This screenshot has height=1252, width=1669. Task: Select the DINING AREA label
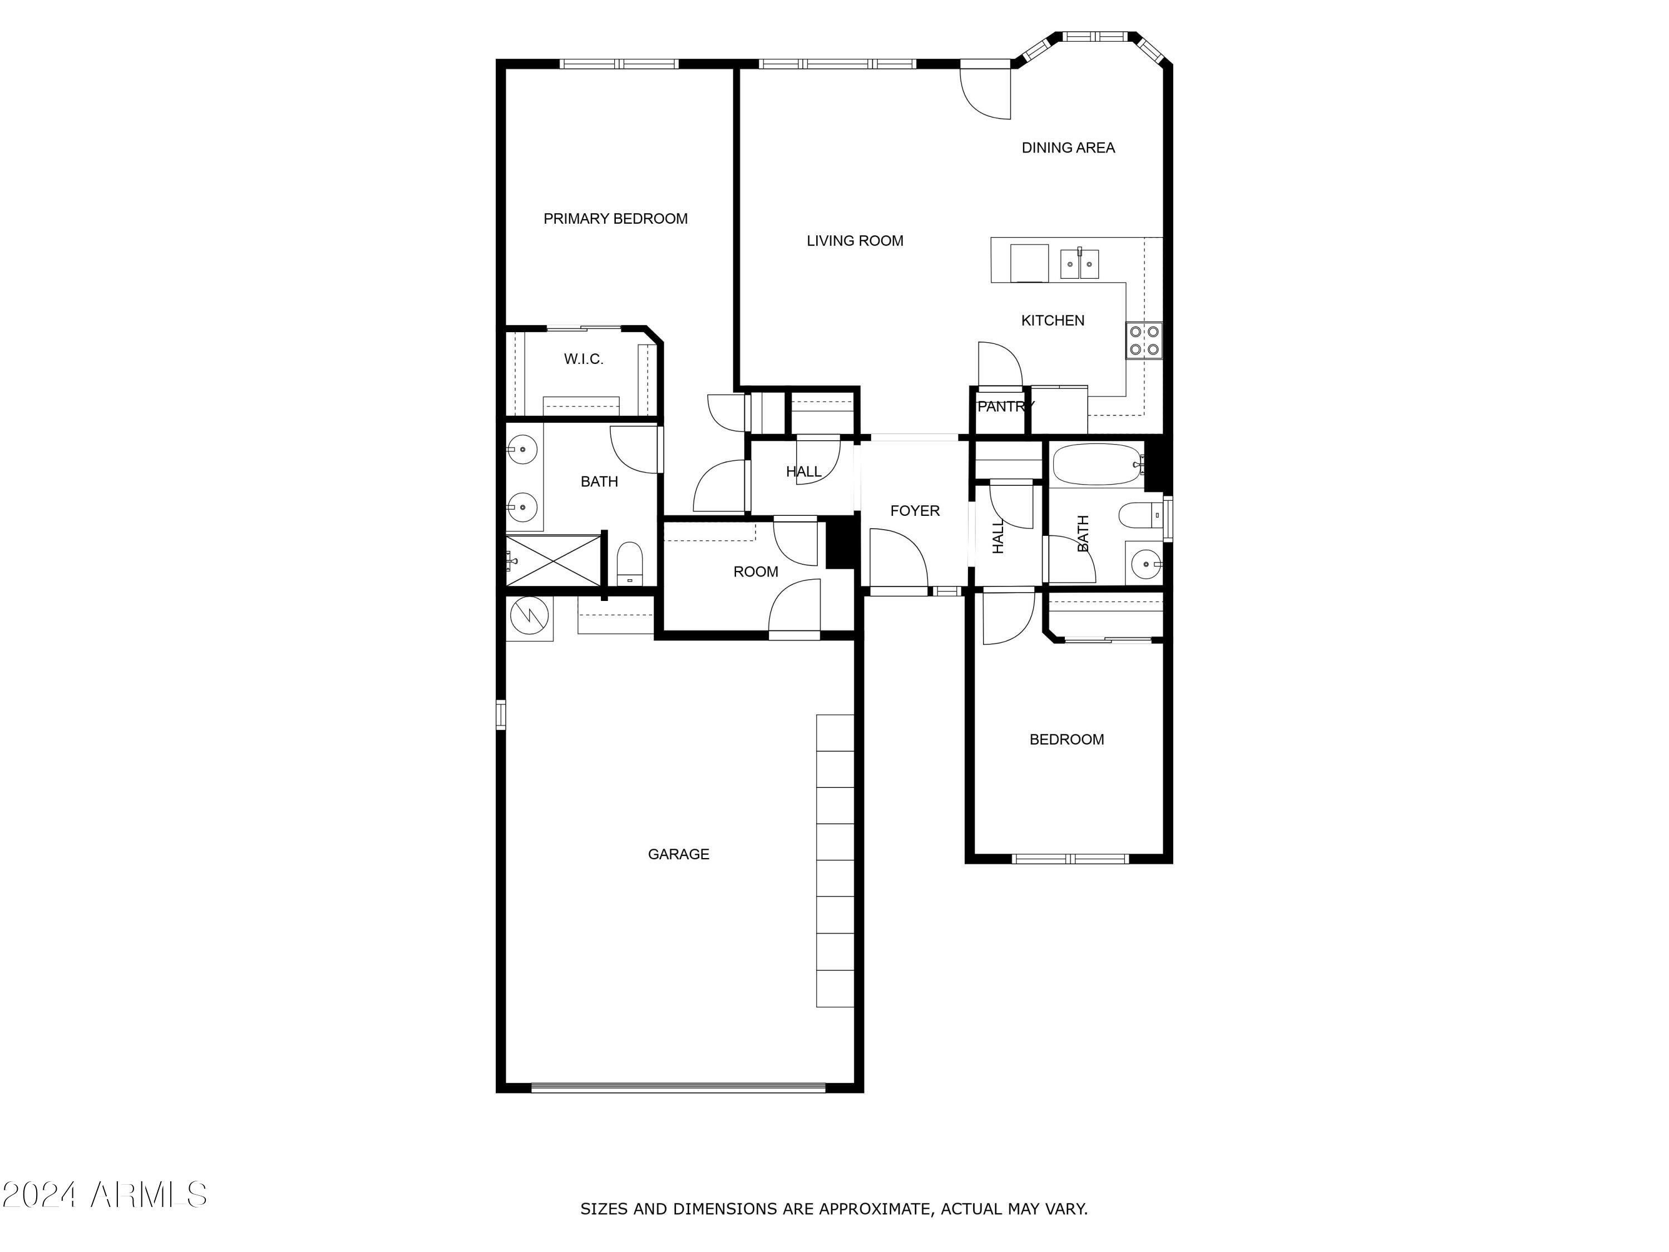(1068, 148)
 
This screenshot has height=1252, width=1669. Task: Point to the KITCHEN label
(1053, 321)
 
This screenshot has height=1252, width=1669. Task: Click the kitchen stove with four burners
(1144, 341)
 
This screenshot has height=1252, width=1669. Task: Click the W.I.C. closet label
(583, 359)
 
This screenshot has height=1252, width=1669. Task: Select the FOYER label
(915, 511)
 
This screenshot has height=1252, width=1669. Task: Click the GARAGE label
(678, 854)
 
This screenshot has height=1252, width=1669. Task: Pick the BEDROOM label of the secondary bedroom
(1066, 740)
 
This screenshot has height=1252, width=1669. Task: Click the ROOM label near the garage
(756, 572)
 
